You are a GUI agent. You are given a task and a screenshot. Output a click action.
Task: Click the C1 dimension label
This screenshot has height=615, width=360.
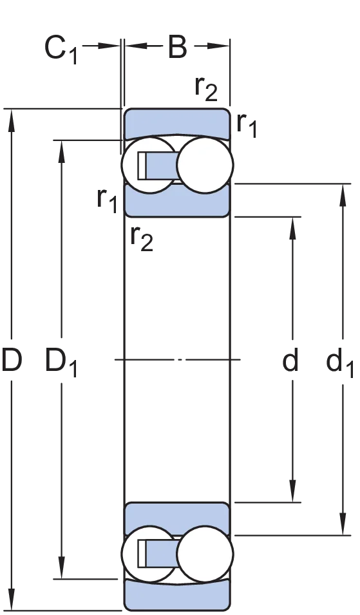coord(61,50)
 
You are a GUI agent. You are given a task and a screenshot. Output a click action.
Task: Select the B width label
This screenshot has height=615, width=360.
coord(177,46)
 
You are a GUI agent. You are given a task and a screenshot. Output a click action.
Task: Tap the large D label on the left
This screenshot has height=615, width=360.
coord(11,359)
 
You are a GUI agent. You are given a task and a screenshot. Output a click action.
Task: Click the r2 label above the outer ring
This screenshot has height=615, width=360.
coord(206,88)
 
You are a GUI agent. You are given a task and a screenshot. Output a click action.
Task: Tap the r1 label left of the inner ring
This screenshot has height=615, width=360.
coord(108,200)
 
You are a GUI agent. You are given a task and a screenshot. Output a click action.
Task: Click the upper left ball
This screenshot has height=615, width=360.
coord(148,165)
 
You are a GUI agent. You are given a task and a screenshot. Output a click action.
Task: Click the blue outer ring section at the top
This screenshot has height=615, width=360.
coord(177,122)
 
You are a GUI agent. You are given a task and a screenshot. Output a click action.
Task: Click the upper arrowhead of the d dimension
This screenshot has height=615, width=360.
coord(292,228)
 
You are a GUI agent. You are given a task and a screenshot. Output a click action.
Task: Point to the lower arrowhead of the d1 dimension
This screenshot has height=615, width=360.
coord(343,524)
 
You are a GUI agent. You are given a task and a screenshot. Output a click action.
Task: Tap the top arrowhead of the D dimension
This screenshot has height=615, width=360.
coord(12,120)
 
